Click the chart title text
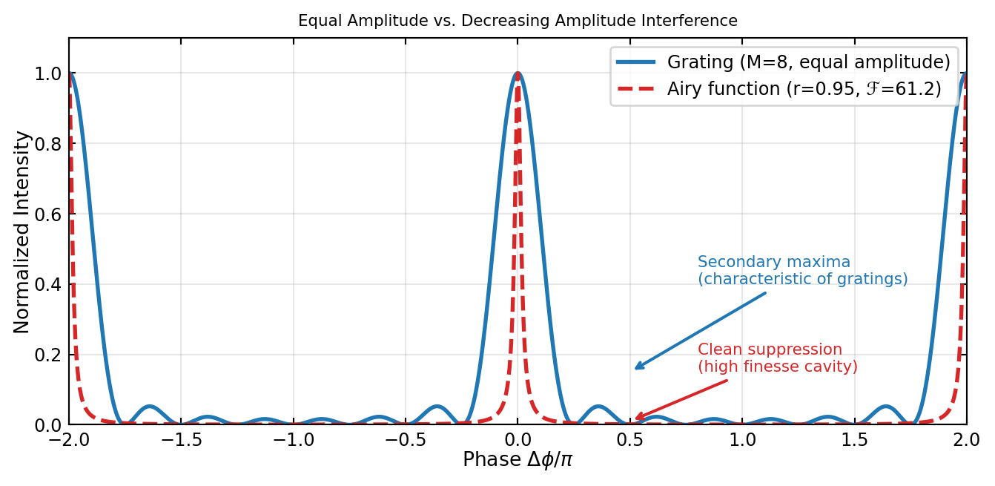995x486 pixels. coord(518,21)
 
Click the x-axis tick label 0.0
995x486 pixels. coord(518,439)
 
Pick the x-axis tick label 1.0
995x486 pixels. coord(742,439)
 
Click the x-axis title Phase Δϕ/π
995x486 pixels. coord(518,461)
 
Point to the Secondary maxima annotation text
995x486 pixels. coord(802,271)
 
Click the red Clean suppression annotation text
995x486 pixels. coord(777,358)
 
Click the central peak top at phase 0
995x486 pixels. coord(518,73)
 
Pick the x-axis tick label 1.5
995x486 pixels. coord(854,439)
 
